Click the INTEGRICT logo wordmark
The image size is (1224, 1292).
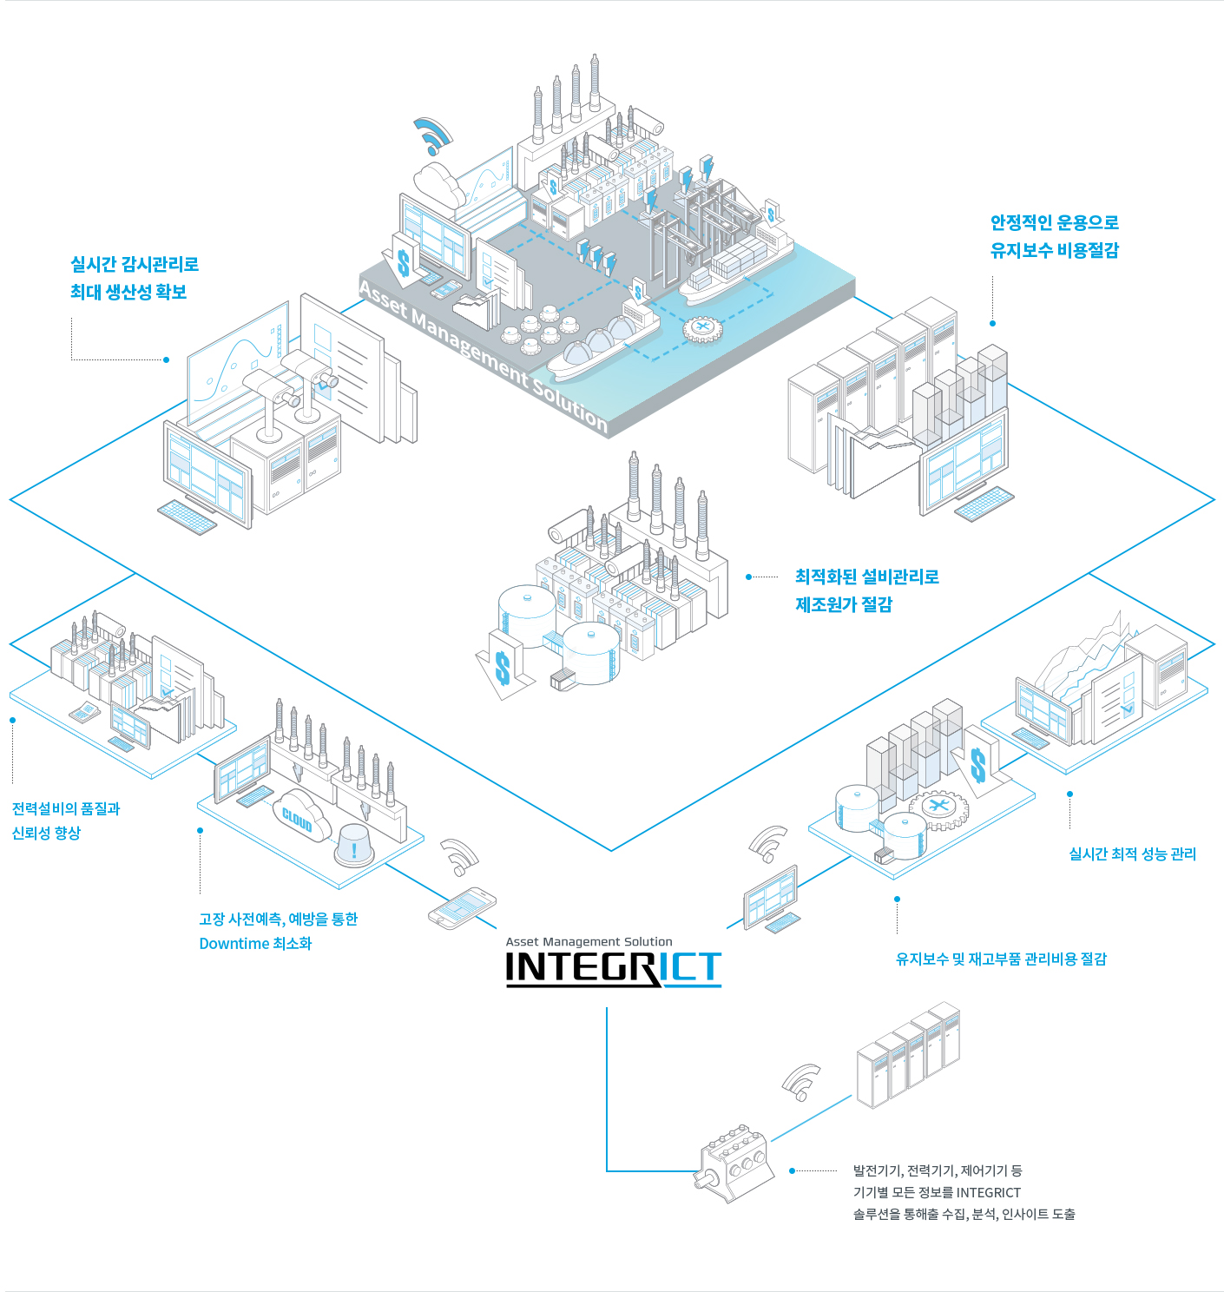pyautogui.click(x=613, y=968)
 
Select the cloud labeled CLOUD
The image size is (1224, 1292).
pyautogui.click(x=298, y=816)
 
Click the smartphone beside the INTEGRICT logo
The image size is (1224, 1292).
pyautogui.click(x=462, y=907)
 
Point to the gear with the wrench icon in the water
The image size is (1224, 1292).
pyautogui.click(x=702, y=328)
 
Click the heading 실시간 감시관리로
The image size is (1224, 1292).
pyautogui.click(x=135, y=264)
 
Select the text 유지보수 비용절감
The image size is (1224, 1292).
pyautogui.click(x=1054, y=250)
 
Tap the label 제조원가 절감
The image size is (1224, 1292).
pyautogui.click(x=844, y=604)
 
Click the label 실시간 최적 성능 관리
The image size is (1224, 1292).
pyautogui.click(x=1132, y=854)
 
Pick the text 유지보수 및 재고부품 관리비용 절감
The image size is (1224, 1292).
pyautogui.click(x=1001, y=959)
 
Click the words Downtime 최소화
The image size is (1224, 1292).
pyautogui.click(x=255, y=943)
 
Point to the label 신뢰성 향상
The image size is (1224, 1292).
pyautogui.click(x=46, y=833)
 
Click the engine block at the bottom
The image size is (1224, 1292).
pyautogui.click(x=736, y=1163)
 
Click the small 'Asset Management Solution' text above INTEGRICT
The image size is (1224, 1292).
pyautogui.click(x=589, y=941)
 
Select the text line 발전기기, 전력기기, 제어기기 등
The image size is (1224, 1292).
pyautogui.click(x=938, y=1170)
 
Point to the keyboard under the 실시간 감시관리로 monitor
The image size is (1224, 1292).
pyautogui.click(x=188, y=517)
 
